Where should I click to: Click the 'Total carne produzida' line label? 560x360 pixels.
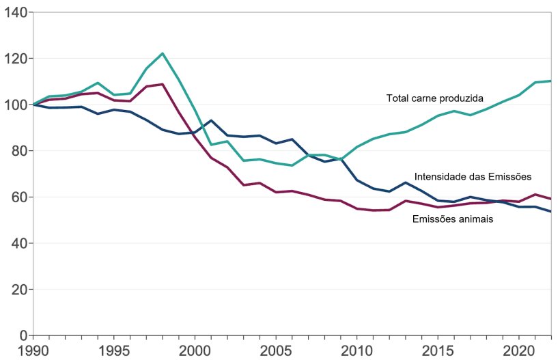tap(434, 98)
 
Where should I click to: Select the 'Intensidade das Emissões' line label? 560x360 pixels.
tap(473, 176)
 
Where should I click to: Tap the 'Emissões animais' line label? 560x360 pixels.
tap(453, 219)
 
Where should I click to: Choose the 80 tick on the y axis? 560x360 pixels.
tap(18, 151)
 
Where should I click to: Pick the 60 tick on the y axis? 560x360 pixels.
tap(18, 197)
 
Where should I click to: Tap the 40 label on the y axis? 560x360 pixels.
tap(18, 243)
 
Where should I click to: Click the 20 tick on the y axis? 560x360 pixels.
tap(18, 290)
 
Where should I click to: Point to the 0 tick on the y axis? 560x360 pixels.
tap(22, 335)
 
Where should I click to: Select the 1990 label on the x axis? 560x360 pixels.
tap(33, 350)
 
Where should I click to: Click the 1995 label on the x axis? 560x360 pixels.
tap(113, 350)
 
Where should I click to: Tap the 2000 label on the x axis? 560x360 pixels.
tap(195, 350)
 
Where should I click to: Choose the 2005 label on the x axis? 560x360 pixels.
tap(275, 350)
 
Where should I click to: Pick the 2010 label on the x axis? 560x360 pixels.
tap(356, 350)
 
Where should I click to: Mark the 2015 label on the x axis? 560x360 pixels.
tap(436, 350)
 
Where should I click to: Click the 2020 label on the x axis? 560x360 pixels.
tap(517, 350)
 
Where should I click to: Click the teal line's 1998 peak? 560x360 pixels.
tap(163, 53)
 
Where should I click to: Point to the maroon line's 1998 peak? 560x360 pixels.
tap(163, 84)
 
